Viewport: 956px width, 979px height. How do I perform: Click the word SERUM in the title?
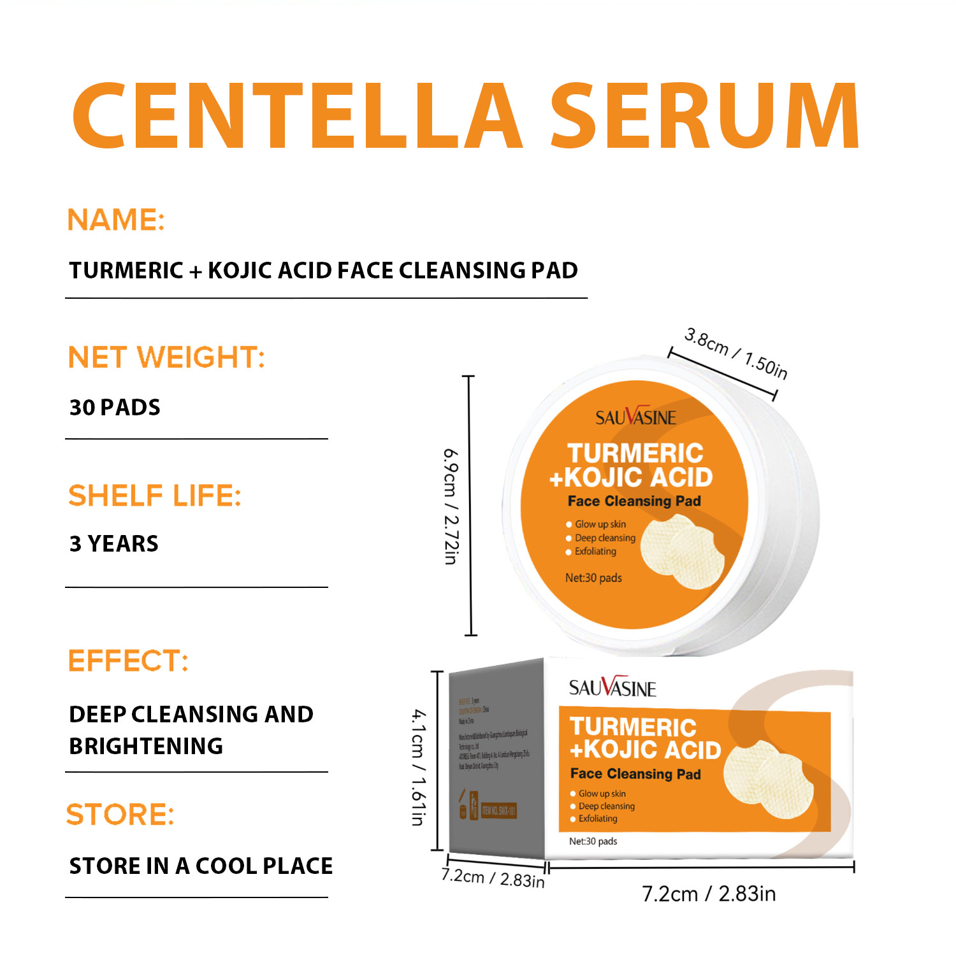pos(705,116)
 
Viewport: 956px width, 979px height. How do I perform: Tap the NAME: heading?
pos(116,220)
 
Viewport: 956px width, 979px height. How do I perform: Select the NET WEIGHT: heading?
pos(166,357)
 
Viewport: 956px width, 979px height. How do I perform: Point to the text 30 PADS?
pos(115,408)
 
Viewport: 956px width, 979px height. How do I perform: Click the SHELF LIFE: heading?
pos(155,496)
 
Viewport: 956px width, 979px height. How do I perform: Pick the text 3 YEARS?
pos(114,544)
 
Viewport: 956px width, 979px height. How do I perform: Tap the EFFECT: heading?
pos(128,661)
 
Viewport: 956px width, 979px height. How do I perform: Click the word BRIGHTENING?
pos(146,746)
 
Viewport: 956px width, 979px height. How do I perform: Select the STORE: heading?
pos(120,815)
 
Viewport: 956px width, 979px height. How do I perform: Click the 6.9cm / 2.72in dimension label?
pos(451,506)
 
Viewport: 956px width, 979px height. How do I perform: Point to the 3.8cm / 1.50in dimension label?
pos(736,354)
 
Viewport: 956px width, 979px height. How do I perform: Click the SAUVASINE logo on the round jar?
pos(635,417)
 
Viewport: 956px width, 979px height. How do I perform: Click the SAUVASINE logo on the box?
pos(612,688)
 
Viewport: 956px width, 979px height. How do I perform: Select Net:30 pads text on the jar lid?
pos(593,578)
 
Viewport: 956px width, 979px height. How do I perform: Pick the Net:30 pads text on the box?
pos(593,841)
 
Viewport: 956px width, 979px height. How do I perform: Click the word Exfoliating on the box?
pos(598,818)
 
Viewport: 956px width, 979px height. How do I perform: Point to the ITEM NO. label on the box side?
pos(498,811)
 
